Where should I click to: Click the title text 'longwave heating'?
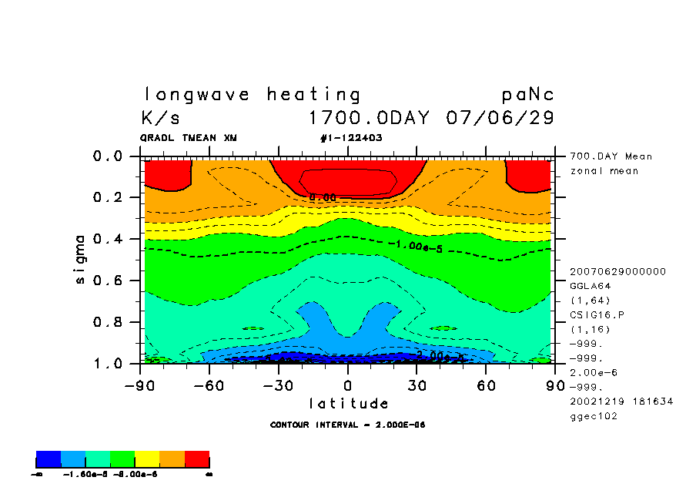click(x=252, y=95)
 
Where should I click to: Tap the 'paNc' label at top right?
click(x=527, y=95)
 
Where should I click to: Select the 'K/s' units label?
click(x=161, y=119)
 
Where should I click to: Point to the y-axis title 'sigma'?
click(x=81, y=259)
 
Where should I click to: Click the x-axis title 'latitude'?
click(x=349, y=404)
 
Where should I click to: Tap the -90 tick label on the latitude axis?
click(x=139, y=385)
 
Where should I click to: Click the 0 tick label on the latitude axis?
click(x=348, y=385)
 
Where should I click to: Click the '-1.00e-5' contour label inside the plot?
click(x=415, y=245)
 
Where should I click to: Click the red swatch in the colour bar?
click(x=197, y=459)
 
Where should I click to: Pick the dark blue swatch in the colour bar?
click(x=49, y=459)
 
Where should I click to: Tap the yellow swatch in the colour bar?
click(x=148, y=459)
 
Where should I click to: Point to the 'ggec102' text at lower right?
click(x=594, y=416)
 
